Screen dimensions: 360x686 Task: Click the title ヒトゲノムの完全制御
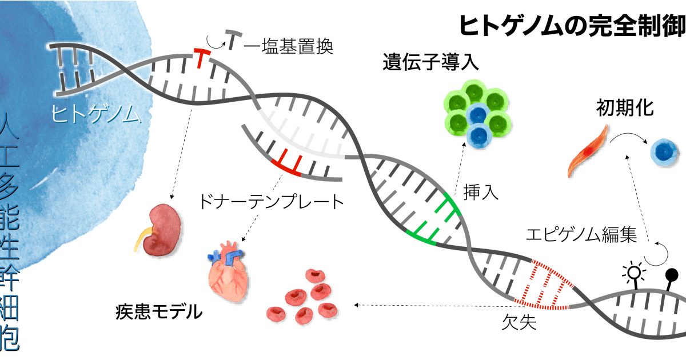coord(572,26)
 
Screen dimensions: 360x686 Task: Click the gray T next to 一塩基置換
coord(232,39)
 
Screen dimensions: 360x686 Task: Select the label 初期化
coord(624,107)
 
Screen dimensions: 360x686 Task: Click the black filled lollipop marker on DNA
coord(672,276)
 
